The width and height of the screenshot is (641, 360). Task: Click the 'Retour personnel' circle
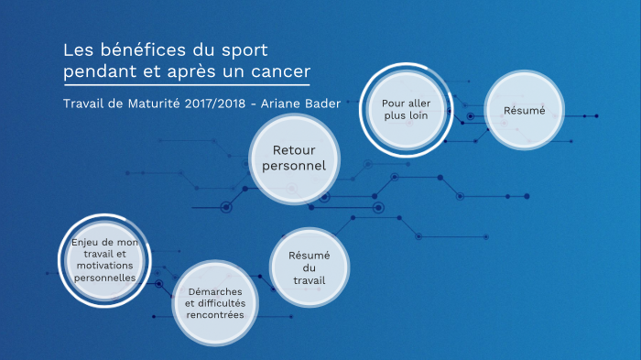pyautogui.click(x=288, y=158)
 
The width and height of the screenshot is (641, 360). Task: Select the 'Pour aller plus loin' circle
pyautogui.click(x=406, y=110)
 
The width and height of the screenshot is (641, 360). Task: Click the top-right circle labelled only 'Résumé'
pyautogui.click(x=524, y=110)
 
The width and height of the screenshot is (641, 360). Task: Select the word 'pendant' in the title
pyautogui.click(x=96, y=71)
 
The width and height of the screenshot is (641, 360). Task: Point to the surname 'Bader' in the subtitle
pyautogui.click(x=326, y=104)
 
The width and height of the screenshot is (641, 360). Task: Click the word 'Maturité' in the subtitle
pyautogui.click(x=155, y=104)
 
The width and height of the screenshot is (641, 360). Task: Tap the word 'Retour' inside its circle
pyautogui.click(x=288, y=149)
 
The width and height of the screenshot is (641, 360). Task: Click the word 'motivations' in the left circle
pyautogui.click(x=103, y=265)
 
